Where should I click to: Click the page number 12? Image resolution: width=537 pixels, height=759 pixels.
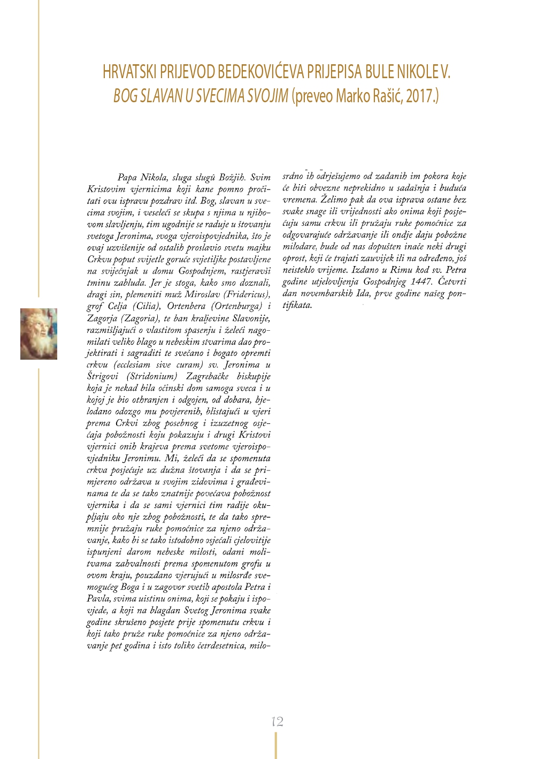[277, 722]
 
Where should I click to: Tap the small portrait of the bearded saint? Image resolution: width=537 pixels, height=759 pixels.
[39, 333]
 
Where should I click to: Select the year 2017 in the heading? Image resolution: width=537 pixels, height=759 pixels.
[420, 96]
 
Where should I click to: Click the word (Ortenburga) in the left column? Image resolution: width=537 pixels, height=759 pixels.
[236, 306]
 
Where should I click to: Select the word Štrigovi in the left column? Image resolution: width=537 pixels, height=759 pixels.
[104, 376]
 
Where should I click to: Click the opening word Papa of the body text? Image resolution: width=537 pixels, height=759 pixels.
[127, 177]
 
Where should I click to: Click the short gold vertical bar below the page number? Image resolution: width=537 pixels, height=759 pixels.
[276, 745]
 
